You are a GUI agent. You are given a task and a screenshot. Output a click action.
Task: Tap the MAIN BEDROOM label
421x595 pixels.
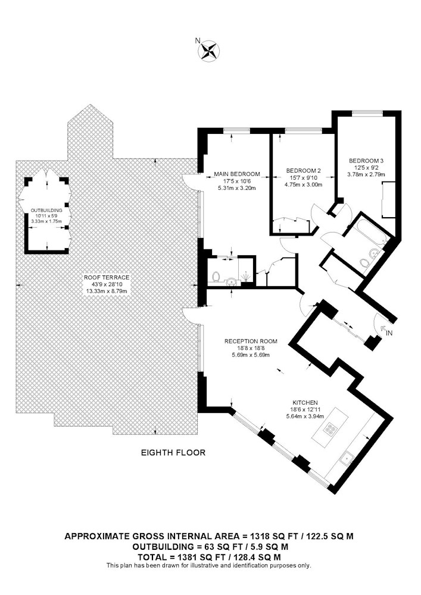(x=237, y=174)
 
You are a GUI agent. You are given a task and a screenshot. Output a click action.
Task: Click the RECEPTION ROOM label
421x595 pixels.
(x=251, y=342)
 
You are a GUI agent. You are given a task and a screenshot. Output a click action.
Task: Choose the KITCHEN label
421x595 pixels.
(x=305, y=403)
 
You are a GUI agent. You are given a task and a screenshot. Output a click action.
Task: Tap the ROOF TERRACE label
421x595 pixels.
(x=107, y=277)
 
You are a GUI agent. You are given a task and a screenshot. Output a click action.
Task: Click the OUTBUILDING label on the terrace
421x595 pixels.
(x=46, y=210)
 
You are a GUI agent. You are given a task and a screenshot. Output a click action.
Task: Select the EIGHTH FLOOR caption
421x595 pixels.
(x=173, y=453)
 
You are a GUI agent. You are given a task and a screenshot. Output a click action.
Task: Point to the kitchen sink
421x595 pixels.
(x=347, y=459)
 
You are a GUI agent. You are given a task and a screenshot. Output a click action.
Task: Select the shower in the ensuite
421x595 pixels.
(x=247, y=277)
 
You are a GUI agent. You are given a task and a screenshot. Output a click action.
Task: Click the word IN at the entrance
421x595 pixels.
(x=389, y=333)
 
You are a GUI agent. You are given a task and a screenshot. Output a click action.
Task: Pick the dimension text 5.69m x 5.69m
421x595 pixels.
(x=251, y=355)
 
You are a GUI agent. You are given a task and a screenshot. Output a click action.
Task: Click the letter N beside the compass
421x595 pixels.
(x=197, y=40)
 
